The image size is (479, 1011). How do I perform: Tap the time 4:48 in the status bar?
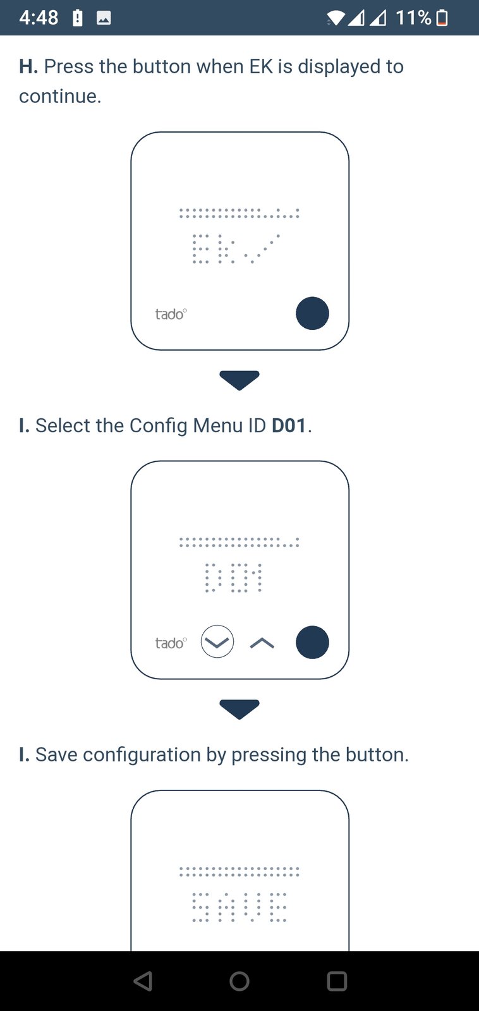39,18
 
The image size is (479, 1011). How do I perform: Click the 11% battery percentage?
413,18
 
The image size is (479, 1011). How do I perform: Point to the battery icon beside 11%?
442,18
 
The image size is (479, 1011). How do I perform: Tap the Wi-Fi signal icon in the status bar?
336,18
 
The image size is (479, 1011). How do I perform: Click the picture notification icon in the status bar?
104,18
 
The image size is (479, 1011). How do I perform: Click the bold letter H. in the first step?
28,66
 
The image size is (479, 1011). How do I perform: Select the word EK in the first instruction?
261,66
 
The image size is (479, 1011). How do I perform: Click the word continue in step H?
60,96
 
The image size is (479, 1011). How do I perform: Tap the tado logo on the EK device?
171,313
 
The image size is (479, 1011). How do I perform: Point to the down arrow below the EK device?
239,380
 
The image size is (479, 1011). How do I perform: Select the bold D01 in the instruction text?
289,426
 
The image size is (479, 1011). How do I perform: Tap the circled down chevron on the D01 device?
217,641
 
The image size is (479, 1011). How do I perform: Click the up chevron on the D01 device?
262,643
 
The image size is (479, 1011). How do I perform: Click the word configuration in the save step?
142,755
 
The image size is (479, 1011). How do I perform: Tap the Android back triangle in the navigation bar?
143,981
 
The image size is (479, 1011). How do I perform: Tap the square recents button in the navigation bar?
337,981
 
